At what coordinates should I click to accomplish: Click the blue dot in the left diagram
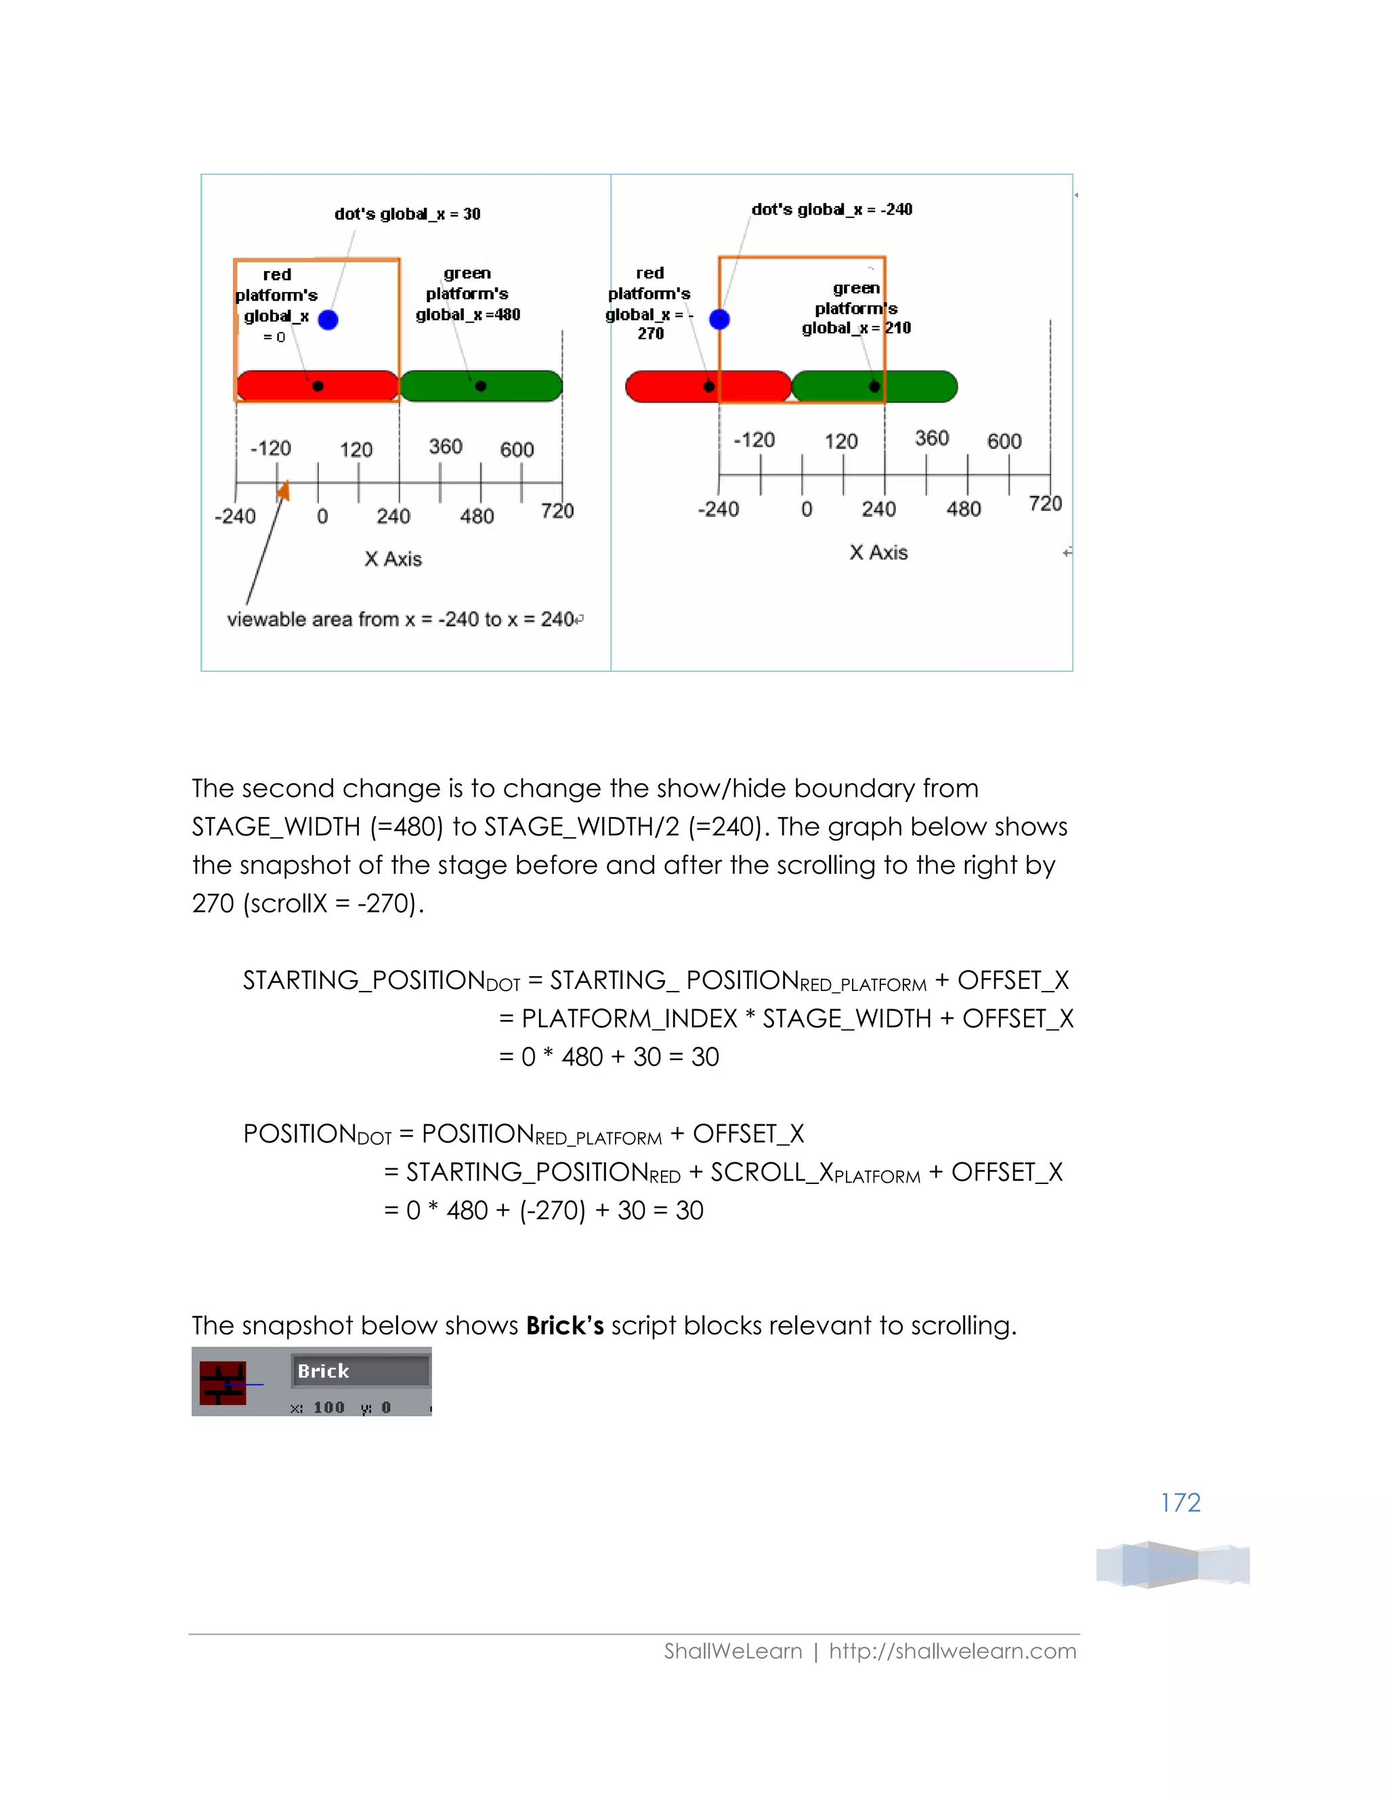pyautogui.click(x=328, y=320)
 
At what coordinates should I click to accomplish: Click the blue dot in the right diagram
pyautogui.click(x=719, y=320)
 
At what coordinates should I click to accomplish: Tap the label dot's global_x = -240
pyautogui.click(x=832, y=209)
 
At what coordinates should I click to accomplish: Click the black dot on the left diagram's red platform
pyautogui.click(x=318, y=386)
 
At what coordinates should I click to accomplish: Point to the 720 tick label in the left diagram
pyautogui.click(x=557, y=511)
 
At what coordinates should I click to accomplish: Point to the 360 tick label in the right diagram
pyautogui.click(x=932, y=438)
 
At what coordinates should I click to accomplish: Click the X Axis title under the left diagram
pyautogui.click(x=393, y=559)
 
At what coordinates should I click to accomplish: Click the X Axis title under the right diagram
pyautogui.click(x=878, y=552)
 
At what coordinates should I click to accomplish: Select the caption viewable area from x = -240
pyautogui.click(x=400, y=620)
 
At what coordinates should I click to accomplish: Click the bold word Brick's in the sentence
pyautogui.click(x=565, y=1326)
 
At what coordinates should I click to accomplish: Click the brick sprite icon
pyautogui.click(x=223, y=1383)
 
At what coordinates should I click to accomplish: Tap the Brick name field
pyautogui.click(x=360, y=1371)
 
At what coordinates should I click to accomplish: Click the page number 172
pyautogui.click(x=1180, y=1502)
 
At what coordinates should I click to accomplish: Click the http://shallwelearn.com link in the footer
pyautogui.click(x=952, y=1651)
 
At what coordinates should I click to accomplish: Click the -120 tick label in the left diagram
pyautogui.click(x=270, y=448)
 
